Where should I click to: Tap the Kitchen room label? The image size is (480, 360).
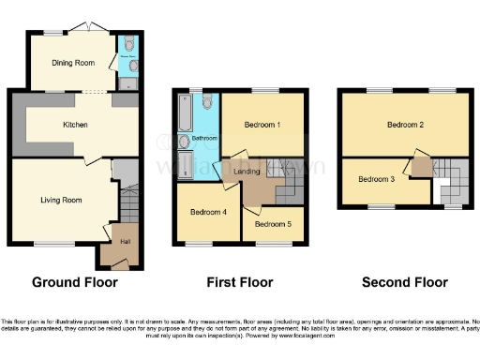[x=76, y=124]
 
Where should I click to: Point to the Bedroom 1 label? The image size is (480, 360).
[x=263, y=125]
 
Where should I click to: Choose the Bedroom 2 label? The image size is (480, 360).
[x=408, y=125]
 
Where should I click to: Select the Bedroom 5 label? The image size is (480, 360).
[x=272, y=224]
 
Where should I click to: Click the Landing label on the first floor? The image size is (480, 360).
[x=247, y=172]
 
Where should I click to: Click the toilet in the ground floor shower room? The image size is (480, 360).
[x=127, y=44]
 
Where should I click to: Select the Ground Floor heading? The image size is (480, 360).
[x=75, y=281]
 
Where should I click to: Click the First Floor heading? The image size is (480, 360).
[x=240, y=281]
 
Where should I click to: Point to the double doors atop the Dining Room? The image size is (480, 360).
[x=90, y=25]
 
